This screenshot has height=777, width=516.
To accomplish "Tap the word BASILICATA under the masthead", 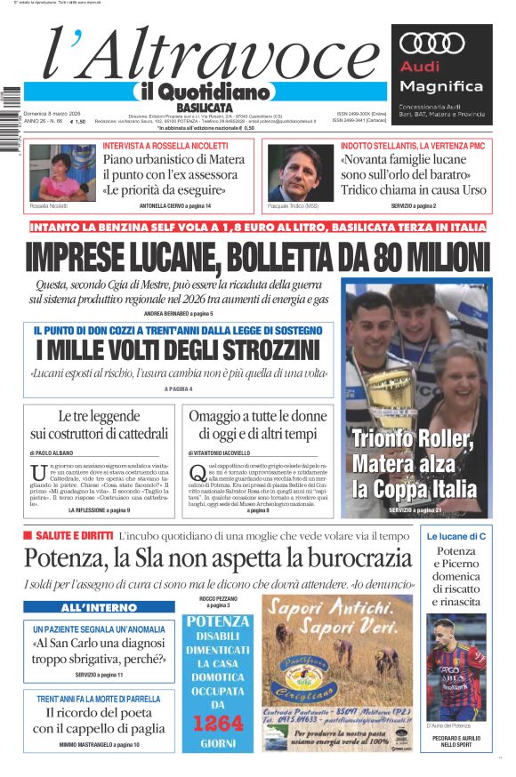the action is click(202, 108).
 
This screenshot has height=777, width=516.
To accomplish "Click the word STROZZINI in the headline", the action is click(252, 349).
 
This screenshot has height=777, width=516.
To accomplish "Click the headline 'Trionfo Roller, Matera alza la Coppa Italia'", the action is click(414, 463).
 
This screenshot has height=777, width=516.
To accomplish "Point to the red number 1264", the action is click(217, 722).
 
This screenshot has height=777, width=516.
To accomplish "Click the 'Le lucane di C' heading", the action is click(456, 537).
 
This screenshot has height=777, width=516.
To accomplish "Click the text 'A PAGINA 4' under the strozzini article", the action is click(178, 388).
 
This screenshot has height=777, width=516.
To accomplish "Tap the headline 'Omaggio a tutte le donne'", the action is click(258, 417).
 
